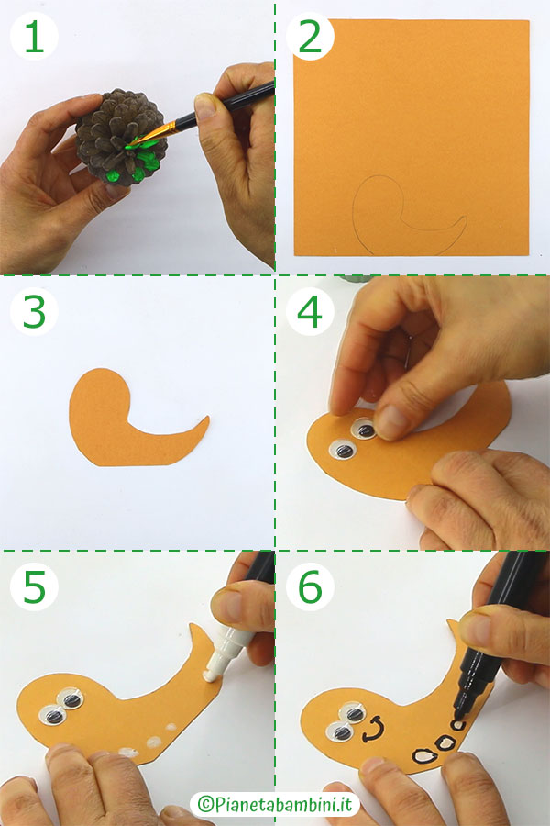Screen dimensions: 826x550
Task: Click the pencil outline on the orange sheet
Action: [403, 216]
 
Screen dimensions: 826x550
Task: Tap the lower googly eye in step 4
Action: [342, 450]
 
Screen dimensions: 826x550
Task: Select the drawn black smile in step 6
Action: [372, 731]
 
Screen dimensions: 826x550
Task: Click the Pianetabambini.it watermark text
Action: [275, 804]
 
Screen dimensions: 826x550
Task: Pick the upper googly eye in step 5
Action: [68, 699]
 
